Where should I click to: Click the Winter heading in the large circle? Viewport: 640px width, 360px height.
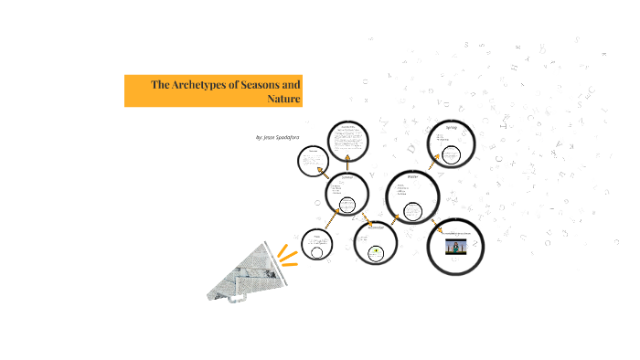point(412,176)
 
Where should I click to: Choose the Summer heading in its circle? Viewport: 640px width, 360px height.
point(347,178)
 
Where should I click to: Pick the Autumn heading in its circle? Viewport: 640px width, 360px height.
point(375,228)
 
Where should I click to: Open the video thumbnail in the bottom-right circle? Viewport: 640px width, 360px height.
point(456,247)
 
